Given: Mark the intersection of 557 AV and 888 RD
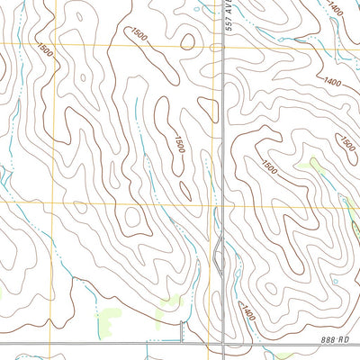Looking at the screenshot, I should coord(222,342).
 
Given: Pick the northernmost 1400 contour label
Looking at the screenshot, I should coord(336,8).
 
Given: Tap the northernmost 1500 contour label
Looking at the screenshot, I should coord(139,33).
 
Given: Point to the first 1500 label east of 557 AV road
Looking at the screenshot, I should coord(268,166).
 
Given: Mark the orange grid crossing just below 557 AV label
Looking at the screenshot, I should coord(223,43).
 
